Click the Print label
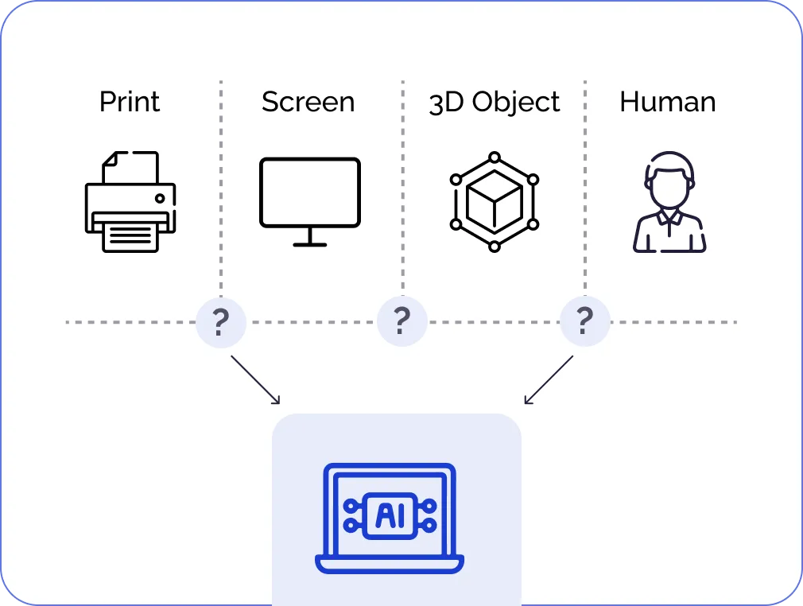pyautogui.click(x=130, y=102)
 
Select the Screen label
pyautogui.click(x=308, y=102)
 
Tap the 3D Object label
pyautogui.click(x=495, y=102)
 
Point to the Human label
pyautogui.click(x=667, y=102)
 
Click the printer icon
pyautogui.click(x=130, y=202)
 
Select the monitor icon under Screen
pyautogui.click(x=309, y=192)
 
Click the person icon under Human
pyautogui.click(x=669, y=202)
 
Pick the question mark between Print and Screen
pyautogui.click(x=220, y=321)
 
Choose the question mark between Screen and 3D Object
pyautogui.click(x=402, y=321)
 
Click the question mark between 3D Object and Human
pyautogui.click(x=584, y=321)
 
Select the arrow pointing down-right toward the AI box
pyautogui.click(x=256, y=379)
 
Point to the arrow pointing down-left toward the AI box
pyautogui.click(x=549, y=379)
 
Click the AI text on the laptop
pyautogui.click(x=389, y=516)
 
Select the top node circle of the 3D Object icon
pyautogui.click(x=495, y=157)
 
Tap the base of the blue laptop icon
pyautogui.click(x=389, y=565)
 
